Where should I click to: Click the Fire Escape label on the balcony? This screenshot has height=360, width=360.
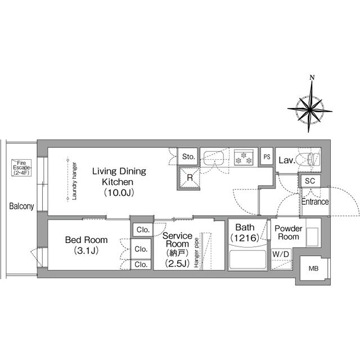click(21, 168)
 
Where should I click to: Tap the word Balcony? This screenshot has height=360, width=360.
click(21, 206)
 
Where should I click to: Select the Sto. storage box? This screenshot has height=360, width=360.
click(188, 156)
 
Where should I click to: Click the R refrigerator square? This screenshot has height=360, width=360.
click(188, 178)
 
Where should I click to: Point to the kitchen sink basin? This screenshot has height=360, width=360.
click(214, 158)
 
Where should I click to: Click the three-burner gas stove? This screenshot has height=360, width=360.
click(244, 157)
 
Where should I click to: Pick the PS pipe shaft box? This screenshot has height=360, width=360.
click(267, 157)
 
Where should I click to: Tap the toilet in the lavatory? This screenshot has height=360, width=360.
click(308, 159)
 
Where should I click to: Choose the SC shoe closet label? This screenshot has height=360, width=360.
click(310, 181)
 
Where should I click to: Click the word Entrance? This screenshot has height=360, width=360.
click(315, 202)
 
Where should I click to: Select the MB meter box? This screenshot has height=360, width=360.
click(314, 268)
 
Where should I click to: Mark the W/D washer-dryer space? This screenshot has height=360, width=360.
click(281, 259)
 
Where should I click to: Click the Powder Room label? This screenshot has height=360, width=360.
click(289, 232)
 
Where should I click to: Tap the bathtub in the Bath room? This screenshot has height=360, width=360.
click(247, 259)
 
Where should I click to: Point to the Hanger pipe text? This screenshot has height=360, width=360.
click(196, 253)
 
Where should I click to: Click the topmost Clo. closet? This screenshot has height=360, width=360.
click(143, 229)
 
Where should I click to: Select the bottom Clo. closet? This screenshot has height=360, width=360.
click(141, 264)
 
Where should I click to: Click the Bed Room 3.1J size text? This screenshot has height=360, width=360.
click(86, 250)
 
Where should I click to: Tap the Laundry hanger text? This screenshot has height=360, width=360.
click(74, 181)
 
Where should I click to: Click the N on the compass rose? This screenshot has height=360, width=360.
click(312, 78)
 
